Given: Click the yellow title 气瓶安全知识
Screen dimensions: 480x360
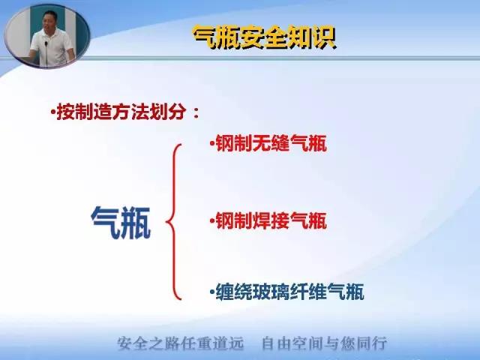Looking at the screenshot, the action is [265, 37].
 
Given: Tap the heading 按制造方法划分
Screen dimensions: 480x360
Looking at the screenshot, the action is [121, 112].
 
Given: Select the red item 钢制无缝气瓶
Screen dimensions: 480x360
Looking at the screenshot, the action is [271, 143].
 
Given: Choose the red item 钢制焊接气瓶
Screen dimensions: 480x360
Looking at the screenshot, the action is [271, 220].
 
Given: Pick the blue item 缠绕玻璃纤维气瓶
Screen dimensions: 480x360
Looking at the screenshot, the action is [289, 292].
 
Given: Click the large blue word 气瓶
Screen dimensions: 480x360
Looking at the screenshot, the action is [121, 223].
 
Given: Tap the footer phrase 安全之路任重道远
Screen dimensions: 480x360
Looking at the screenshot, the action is [181, 343].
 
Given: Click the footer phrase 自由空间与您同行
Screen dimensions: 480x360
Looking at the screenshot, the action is [325, 343].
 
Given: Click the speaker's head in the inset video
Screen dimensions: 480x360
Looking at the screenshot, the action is [49, 20].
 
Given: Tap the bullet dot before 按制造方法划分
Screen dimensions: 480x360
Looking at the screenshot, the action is [53, 112].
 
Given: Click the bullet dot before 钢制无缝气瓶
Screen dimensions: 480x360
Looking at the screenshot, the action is [211, 143].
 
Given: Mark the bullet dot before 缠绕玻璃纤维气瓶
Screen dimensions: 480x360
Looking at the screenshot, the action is [211, 291].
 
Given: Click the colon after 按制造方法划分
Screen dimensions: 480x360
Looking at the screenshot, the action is [196, 112].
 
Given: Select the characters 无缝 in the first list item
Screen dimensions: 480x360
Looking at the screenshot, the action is [271, 143].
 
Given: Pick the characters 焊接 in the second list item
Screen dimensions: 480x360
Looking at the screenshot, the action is [271, 220].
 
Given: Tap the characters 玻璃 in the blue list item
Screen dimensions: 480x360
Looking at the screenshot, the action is [271, 292].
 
